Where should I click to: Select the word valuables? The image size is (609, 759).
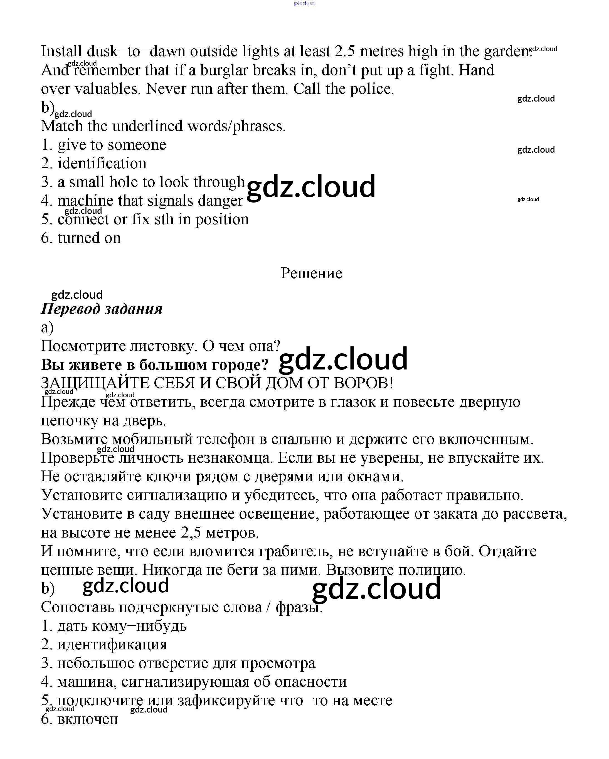(x=107, y=89)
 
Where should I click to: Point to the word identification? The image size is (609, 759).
(x=102, y=163)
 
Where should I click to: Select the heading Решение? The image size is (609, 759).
(x=311, y=273)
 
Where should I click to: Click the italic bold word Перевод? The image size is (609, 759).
(x=71, y=309)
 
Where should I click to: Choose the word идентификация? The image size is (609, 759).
(x=112, y=645)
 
